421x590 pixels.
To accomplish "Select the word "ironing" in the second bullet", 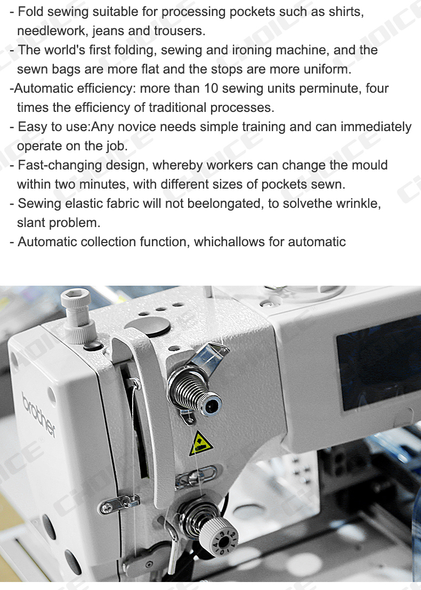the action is (x=252, y=50).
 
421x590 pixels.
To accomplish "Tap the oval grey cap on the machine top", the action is (x=147, y=326).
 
